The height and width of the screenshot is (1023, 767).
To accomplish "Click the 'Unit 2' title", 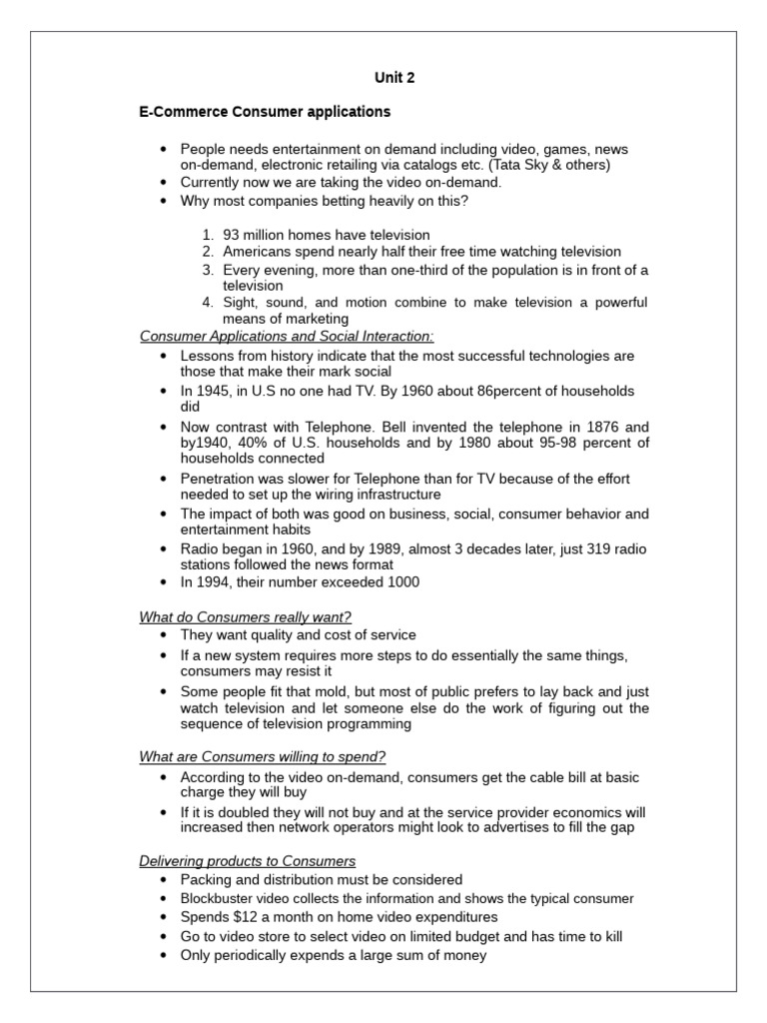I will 394,77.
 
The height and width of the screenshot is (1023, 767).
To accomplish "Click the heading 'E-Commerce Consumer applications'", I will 265,112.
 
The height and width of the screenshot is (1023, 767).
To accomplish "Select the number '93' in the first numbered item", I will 232,235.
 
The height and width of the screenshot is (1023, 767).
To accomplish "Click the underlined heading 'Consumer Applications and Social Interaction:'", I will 287,337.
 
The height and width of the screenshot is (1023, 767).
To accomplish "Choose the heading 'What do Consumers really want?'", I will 246,617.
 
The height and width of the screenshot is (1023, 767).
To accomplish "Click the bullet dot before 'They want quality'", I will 164,635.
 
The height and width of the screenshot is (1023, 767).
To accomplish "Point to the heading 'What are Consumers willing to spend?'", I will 263,756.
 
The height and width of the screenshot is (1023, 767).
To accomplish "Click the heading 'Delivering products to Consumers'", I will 248,861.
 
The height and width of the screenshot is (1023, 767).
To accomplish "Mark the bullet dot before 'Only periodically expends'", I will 164,955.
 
